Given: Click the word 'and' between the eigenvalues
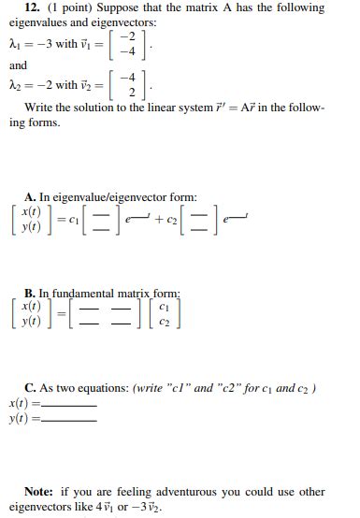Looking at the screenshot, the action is pos(19,65).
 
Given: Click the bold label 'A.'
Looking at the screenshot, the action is pos(31,197).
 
